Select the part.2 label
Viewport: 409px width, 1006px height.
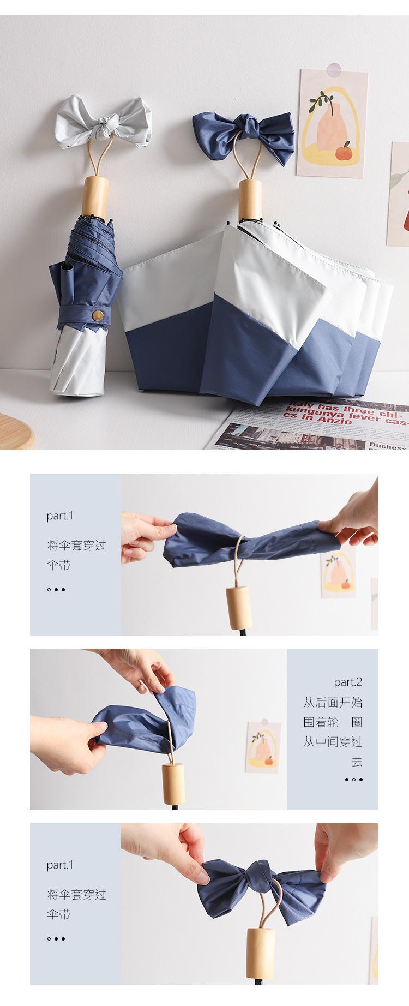pos(348,682)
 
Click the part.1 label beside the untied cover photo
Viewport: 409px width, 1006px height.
pos(59,516)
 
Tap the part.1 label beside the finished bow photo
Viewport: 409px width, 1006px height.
pos(59,865)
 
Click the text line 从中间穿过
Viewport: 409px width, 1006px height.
pos(333,742)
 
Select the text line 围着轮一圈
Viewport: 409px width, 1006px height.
pos(333,722)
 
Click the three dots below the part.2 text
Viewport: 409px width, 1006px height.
pos(353,780)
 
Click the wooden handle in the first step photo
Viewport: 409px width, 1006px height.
pos(238,605)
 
